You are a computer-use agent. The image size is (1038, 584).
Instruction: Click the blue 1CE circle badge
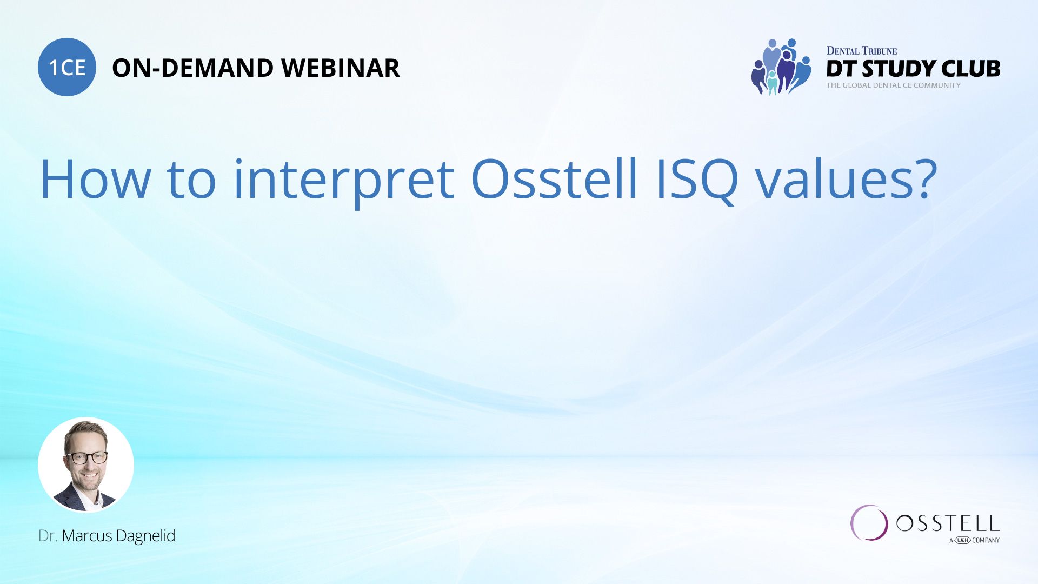pos(67,67)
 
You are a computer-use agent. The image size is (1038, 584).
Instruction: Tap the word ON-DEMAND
pos(192,68)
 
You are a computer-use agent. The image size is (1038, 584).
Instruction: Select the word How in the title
pos(95,180)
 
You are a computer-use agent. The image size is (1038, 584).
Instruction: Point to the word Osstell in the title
pos(555,180)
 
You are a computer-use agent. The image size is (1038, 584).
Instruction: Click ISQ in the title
pos(697,181)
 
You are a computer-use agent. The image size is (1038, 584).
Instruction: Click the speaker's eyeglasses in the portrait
pos(86,457)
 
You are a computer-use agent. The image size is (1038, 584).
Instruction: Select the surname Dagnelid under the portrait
pos(145,536)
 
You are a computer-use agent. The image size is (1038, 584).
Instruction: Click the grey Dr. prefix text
pos(48,536)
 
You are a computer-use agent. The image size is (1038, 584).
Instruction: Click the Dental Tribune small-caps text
pos(861,51)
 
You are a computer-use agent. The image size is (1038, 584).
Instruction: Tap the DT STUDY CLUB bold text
pos(913,69)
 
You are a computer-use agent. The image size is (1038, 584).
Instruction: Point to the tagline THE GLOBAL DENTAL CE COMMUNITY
pos(893,85)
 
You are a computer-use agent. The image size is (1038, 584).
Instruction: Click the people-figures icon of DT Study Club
pos(781,67)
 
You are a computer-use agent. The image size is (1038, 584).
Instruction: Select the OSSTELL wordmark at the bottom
pos(948,523)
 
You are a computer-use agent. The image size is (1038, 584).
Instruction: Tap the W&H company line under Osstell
pos(974,540)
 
